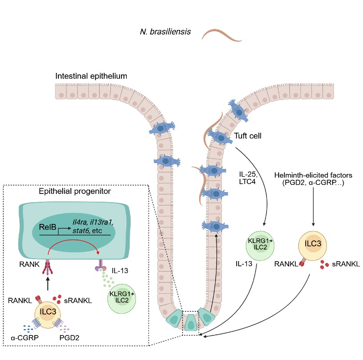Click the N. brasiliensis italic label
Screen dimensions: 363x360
[x=165, y=31]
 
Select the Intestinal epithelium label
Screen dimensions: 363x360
[x=91, y=76]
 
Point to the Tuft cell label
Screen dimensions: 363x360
[x=247, y=136]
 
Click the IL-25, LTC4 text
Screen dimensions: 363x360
[x=248, y=178]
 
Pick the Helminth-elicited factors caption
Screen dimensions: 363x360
[x=313, y=179]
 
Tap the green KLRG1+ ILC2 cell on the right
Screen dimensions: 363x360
[x=260, y=246]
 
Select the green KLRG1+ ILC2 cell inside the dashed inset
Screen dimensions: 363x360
[x=122, y=299]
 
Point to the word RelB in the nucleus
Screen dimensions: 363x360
[x=47, y=227]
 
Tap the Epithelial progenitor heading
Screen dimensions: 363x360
[x=75, y=191]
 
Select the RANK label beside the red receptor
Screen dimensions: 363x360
[x=29, y=264]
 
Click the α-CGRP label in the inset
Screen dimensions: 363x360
[x=25, y=337]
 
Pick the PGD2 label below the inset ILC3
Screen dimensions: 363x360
[x=69, y=337]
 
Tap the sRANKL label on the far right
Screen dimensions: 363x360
[x=346, y=264]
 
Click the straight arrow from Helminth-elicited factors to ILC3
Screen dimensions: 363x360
[x=313, y=207]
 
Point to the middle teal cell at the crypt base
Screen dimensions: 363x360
[x=190, y=323]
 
